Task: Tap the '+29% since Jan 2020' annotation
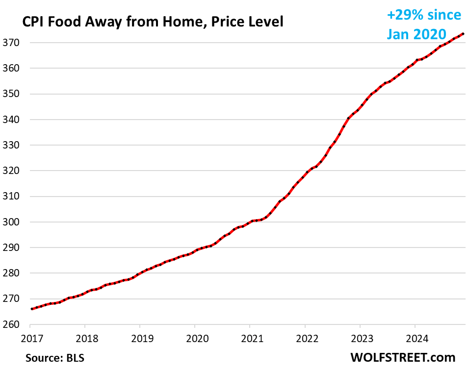tap(424, 25)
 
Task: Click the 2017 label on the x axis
tap(30, 338)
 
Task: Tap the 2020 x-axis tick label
tap(195, 338)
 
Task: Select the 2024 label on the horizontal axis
tap(415, 338)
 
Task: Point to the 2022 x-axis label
tap(305, 338)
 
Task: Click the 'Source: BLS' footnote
tap(55, 358)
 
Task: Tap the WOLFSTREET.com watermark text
tap(403, 357)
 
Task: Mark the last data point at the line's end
tap(464, 34)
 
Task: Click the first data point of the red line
tap(31, 309)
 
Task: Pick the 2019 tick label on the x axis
tap(140, 338)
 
